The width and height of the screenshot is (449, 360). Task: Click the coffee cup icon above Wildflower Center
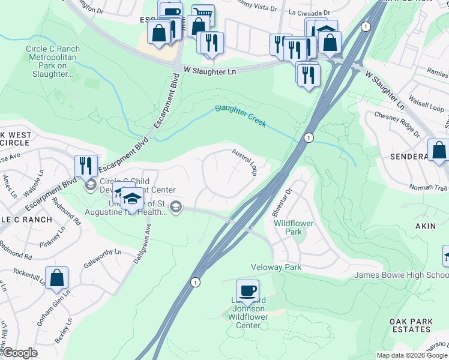pos(247,291)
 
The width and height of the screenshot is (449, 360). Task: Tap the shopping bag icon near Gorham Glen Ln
pos(56,278)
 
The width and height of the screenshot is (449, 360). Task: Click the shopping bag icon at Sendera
pos(439,150)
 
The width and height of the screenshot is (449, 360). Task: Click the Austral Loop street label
pos(245,162)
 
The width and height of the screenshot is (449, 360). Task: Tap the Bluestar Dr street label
pos(284,199)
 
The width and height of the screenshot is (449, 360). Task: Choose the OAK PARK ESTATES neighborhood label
pos(411,325)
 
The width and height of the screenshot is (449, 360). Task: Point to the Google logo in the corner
pos(19,353)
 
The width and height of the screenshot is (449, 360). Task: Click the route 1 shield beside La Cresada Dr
pos(365,26)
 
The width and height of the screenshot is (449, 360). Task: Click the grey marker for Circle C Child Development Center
pos(90,184)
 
